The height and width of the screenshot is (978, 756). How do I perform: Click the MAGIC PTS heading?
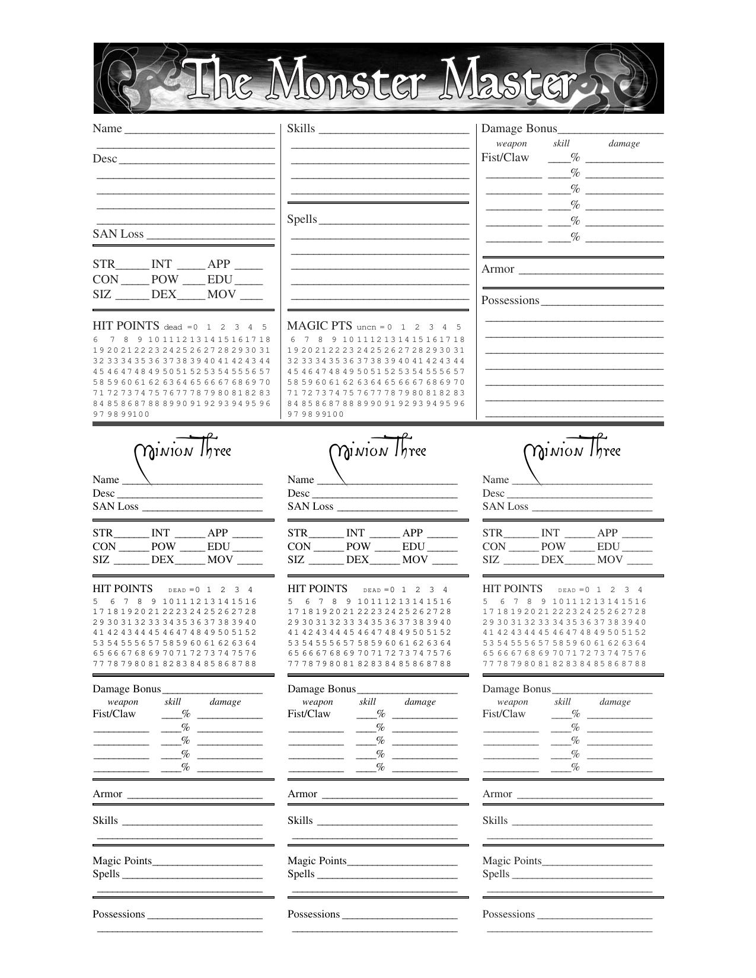tap(319, 326)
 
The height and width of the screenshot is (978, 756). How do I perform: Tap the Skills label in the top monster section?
tap(301, 129)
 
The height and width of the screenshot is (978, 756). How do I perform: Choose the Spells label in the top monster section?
tap(302, 219)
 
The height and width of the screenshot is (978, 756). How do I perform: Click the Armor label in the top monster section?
tap(497, 269)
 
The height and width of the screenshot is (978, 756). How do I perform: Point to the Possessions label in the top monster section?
tap(510, 301)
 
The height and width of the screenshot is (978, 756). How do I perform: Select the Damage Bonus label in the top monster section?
tap(519, 129)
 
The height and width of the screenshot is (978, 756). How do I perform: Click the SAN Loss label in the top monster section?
tap(118, 234)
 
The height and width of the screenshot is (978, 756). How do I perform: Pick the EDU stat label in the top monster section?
tap(220, 280)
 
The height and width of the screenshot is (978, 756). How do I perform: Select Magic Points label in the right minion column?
tap(512, 861)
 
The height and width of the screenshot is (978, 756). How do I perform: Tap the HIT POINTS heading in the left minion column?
tap(122, 589)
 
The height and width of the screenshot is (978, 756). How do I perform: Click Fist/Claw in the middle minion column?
tap(308, 714)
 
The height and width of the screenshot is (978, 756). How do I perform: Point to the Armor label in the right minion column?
tap(497, 794)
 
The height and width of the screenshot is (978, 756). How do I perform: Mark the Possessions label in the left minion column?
tap(119, 914)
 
